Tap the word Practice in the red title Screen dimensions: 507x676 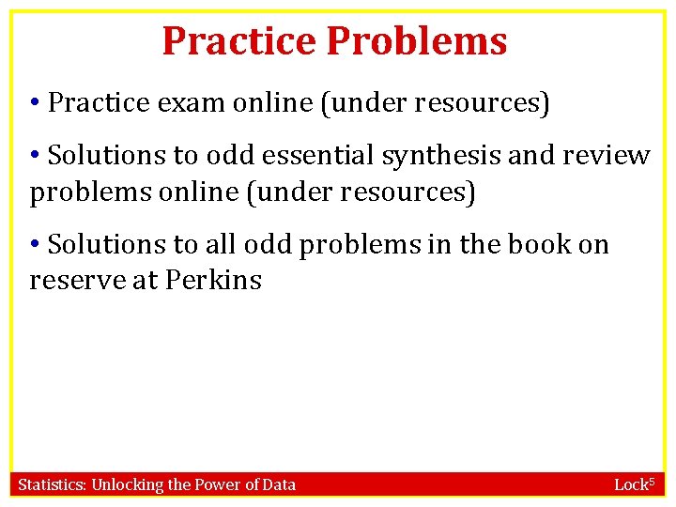(x=239, y=41)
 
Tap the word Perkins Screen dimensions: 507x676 (x=215, y=280)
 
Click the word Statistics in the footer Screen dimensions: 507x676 (x=53, y=484)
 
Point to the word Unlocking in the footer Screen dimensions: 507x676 (x=127, y=484)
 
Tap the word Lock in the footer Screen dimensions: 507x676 (x=628, y=484)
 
